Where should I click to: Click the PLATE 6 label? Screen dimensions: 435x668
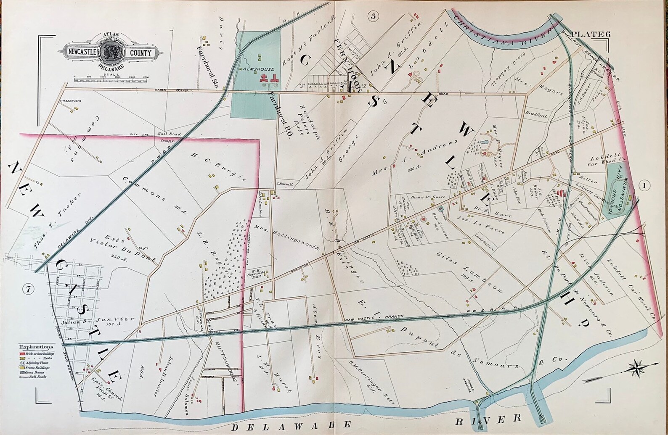point(589,34)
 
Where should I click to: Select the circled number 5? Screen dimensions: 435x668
point(373,16)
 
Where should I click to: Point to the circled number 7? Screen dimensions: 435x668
point(28,289)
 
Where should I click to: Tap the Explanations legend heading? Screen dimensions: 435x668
point(36,348)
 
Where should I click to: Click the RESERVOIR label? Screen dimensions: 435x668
point(70,101)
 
